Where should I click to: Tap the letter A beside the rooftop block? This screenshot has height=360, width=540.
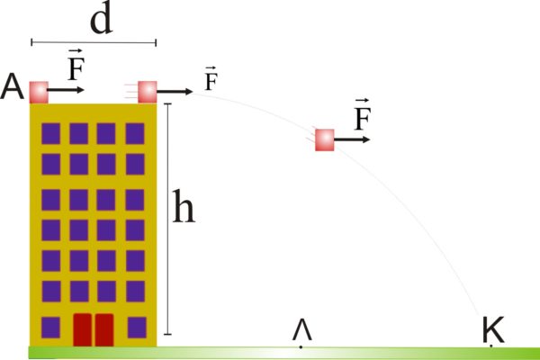13,87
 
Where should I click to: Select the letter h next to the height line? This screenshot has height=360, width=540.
184,206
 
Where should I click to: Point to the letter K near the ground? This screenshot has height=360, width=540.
493,329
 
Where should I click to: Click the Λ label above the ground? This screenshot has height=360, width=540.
302,329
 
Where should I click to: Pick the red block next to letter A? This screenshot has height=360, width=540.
39,93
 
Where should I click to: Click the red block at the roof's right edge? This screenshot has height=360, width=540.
148,92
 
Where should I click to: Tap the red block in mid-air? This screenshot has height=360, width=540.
325,139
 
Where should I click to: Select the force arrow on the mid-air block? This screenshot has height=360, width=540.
352,139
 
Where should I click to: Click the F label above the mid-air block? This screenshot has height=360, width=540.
363,114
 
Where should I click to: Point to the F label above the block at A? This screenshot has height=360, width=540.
76,65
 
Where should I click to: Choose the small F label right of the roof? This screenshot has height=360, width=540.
211,78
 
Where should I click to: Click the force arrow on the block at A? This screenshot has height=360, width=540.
66,90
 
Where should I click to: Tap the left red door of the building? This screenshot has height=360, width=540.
83,329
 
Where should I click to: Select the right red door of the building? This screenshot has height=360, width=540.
104,329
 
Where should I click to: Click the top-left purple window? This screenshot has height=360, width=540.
51,133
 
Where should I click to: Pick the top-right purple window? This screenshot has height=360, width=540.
135,133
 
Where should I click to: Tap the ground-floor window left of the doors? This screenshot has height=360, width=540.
50,328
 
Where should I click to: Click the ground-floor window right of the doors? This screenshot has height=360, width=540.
137,328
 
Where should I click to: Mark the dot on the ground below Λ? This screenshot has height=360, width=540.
301,346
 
